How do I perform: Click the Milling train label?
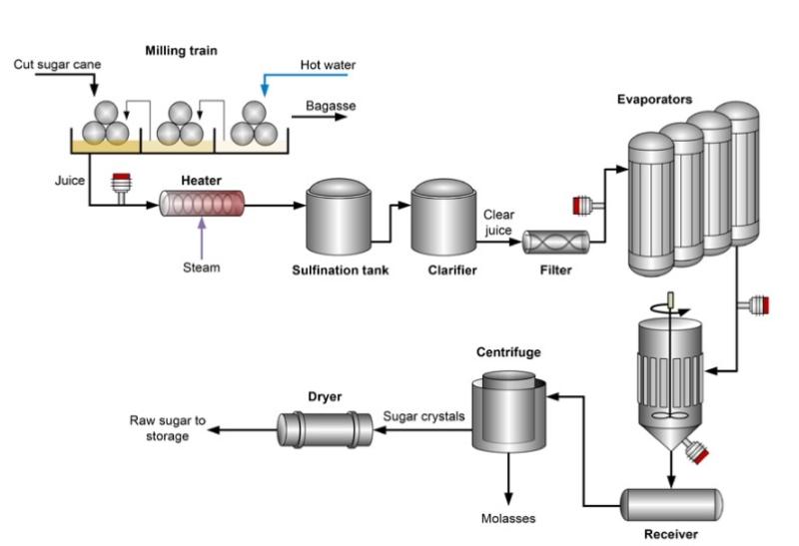[181, 50]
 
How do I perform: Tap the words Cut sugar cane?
[56, 66]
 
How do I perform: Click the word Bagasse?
[331, 105]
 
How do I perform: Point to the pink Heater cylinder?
[202, 206]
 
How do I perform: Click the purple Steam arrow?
[202, 235]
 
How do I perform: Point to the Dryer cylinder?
[325, 429]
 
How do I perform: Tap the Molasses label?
[508, 518]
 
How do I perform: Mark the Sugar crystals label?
[424, 416]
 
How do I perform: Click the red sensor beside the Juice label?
[123, 184]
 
